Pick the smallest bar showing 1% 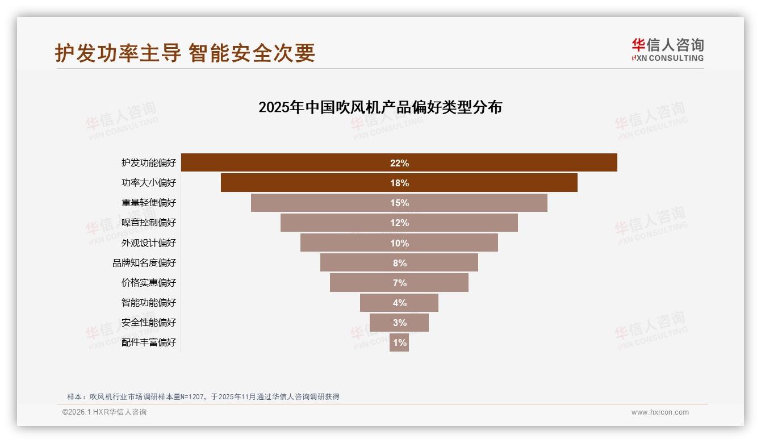point(399,342)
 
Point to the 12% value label point(399,223)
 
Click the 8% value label point(399,263)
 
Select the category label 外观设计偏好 point(149,243)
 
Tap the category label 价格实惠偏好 point(149,283)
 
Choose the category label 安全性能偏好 point(149,323)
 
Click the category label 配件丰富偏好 point(149,342)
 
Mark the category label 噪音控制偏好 point(149,223)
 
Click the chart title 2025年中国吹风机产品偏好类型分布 point(380,107)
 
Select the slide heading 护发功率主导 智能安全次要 point(185,53)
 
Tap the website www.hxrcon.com point(660,412)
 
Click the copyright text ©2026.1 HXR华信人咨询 point(104,412)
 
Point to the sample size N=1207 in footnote point(193,397)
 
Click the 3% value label point(399,323)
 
